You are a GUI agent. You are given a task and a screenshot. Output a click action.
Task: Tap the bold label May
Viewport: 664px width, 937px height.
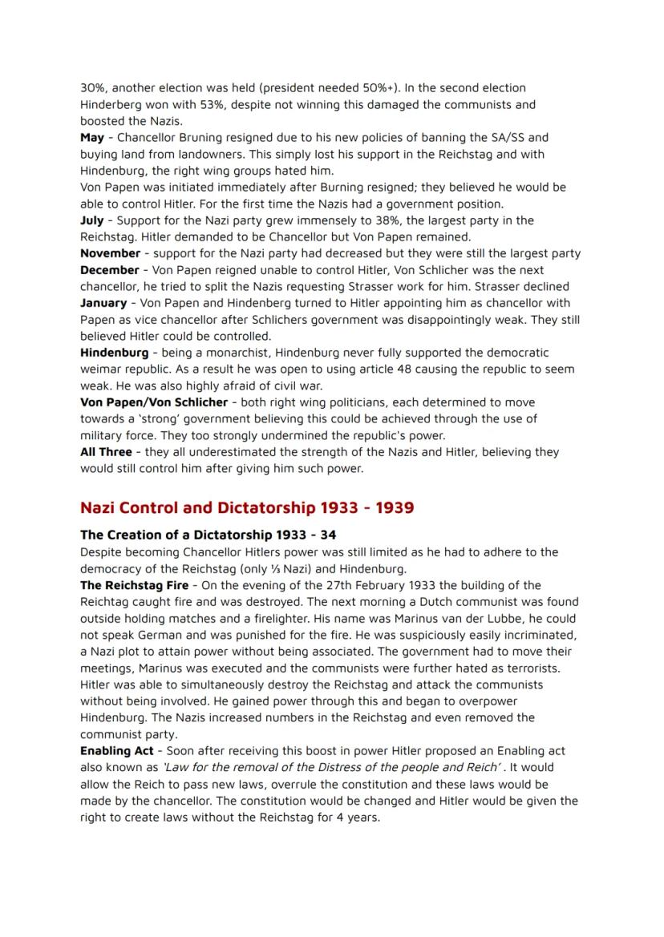tap(91, 138)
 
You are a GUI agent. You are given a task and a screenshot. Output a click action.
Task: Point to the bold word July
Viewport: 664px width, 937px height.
tap(92, 220)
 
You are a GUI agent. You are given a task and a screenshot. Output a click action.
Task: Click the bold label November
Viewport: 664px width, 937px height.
tap(111, 254)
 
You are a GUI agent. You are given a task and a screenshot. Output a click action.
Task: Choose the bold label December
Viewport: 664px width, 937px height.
tap(109, 270)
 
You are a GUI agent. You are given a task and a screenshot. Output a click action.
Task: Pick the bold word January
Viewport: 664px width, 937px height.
tap(103, 303)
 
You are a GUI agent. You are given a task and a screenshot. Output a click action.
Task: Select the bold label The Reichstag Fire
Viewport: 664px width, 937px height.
tap(134, 585)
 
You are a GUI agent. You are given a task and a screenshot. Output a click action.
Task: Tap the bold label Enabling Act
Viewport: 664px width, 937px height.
tap(116, 751)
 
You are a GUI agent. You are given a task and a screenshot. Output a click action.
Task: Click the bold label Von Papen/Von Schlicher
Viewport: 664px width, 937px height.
tap(153, 402)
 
